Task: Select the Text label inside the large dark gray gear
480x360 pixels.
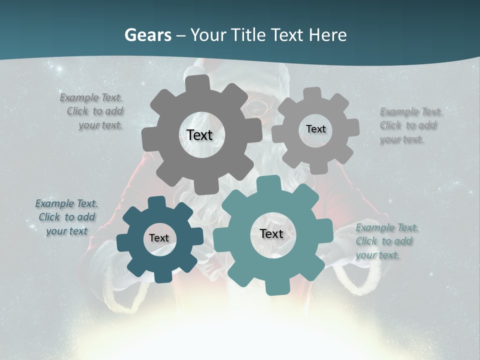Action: click(199, 135)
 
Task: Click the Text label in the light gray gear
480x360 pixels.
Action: click(315, 129)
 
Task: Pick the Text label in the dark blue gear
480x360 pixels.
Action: click(159, 238)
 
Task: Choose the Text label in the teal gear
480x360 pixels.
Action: click(271, 234)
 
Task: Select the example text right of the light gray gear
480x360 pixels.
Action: click(410, 125)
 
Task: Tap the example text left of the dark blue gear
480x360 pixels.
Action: click(66, 217)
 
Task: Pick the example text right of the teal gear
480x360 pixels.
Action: click(386, 241)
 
